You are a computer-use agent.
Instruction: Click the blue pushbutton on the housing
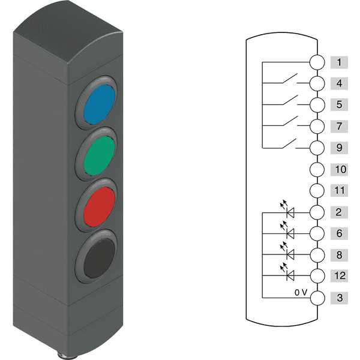pos(99,104)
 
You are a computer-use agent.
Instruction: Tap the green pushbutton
pos(99,155)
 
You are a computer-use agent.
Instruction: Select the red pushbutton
pos(99,206)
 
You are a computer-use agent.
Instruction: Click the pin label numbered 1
pos(339,62)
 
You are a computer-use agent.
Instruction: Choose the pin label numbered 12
pos(339,275)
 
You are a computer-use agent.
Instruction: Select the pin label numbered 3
pos(339,298)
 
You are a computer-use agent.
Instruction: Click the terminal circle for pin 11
pos(317,191)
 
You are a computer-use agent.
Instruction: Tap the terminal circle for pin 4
pos(317,83)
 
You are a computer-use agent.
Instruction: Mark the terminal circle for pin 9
pos(317,148)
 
